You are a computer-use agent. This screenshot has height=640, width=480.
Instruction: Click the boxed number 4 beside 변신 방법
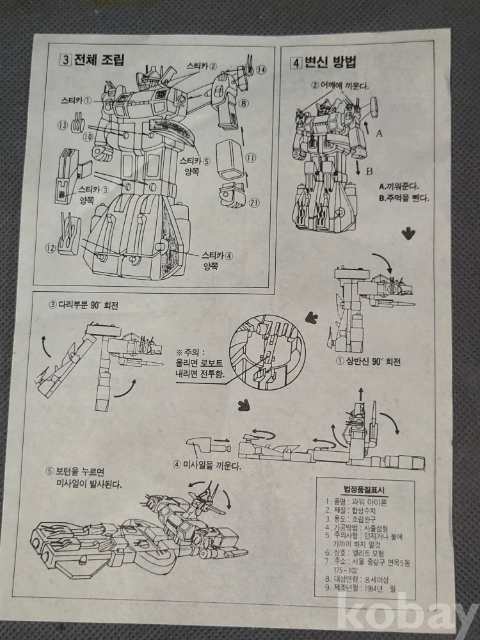(296, 63)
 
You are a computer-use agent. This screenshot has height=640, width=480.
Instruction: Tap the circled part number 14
(261, 70)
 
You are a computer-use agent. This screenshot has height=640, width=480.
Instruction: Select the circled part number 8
(244, 104)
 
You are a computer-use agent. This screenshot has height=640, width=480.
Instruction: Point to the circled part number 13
(63, 125)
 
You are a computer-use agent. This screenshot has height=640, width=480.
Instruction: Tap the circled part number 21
(254, 204)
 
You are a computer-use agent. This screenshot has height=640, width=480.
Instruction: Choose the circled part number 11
(251, 157)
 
